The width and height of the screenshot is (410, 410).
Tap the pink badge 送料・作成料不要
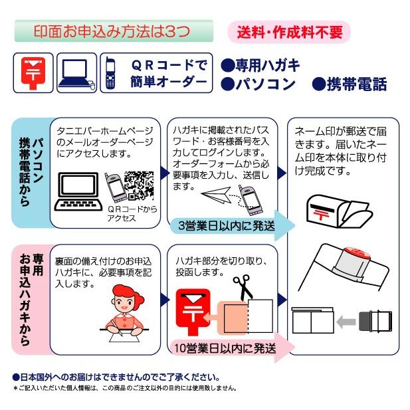pos(288,31)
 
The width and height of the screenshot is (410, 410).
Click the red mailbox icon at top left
pos(33,72)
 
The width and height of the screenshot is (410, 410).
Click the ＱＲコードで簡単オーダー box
pos(157,72)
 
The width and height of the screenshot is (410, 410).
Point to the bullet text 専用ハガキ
pos(260,65)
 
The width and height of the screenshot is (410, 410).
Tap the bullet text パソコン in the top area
pos(258,84)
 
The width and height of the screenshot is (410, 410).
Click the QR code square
pos(139,186)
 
